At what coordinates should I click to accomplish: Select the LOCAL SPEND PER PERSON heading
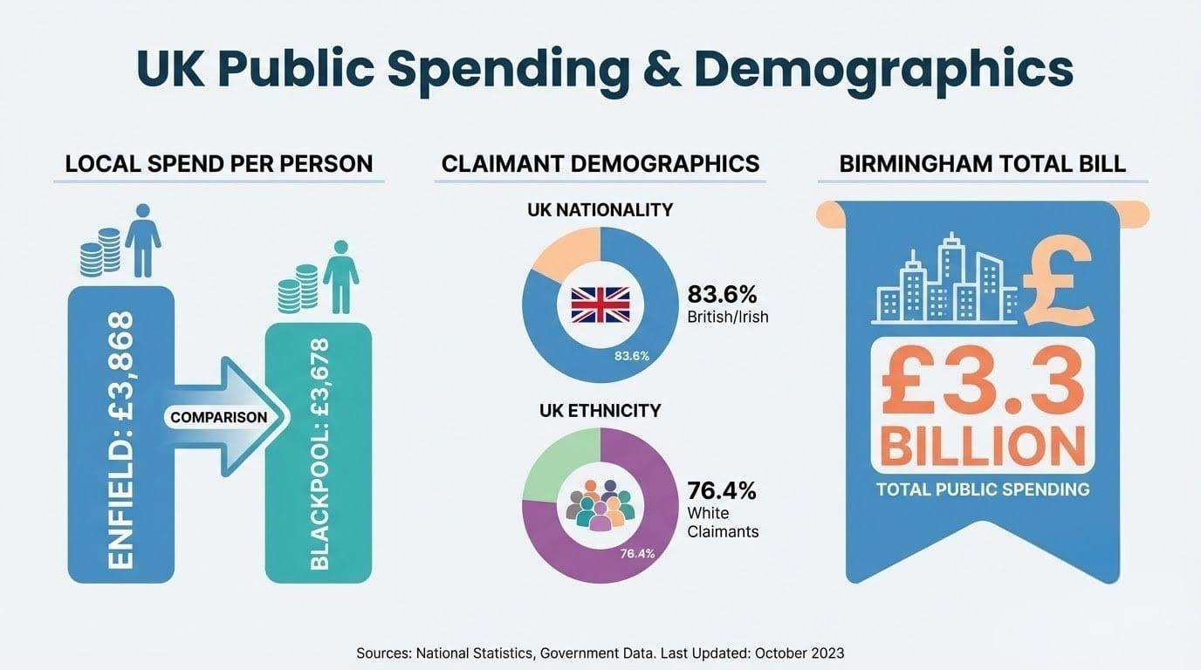pos(219,163)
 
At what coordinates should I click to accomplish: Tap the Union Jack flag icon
pos(600,305)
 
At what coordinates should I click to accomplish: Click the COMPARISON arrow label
pos(218,417)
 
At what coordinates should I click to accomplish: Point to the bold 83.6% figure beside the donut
pos(722,293)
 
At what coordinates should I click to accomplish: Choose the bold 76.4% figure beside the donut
pos(722,490)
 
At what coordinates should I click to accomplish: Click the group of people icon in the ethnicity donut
pos(600,503)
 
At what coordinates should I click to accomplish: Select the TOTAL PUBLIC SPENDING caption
pos(983,489)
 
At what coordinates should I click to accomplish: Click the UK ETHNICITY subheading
pos(600,409)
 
